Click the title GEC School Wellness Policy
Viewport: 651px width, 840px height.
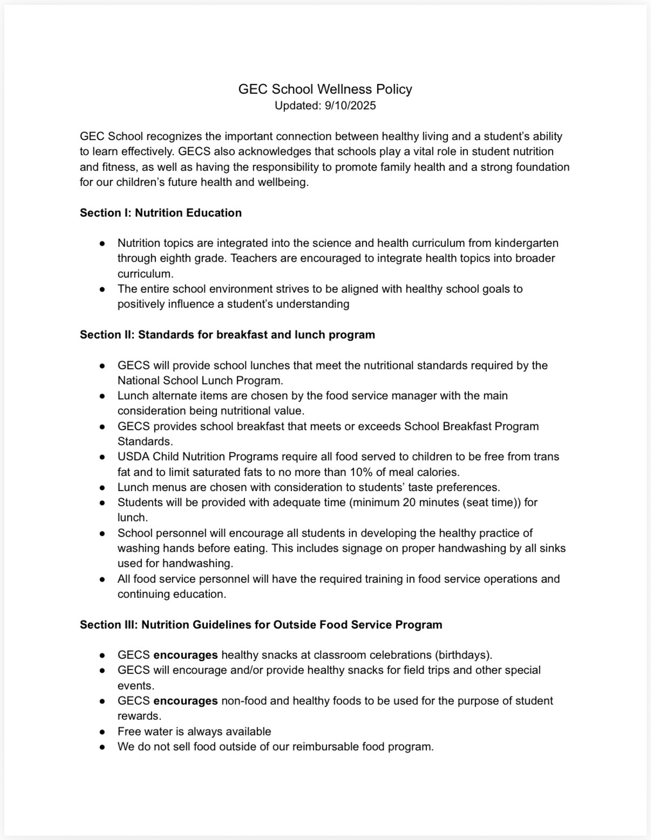(325, 89)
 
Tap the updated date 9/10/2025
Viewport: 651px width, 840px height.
(350, 106)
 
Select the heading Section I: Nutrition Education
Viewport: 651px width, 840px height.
(161, 213)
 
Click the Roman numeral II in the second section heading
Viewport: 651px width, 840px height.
(130, 335)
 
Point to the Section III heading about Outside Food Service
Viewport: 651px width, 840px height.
(261, 625)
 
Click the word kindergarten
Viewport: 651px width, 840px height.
(526, 243)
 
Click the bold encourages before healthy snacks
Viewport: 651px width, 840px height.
(186, 655)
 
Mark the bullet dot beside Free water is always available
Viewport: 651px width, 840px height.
(102, 732)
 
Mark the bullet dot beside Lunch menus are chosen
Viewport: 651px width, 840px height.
(102, 488)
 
